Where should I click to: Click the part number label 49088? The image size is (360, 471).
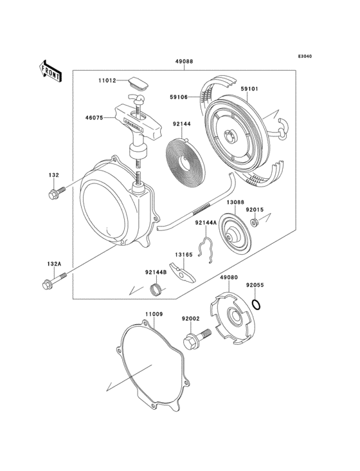point(183,62)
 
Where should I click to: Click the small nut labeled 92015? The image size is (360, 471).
point(255,223)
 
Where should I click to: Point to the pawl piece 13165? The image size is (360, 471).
point(184,273)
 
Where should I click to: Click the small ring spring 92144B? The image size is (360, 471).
point(154,290)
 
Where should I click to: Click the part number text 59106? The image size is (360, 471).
point(179,98)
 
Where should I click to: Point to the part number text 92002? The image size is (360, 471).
point(190,319)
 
